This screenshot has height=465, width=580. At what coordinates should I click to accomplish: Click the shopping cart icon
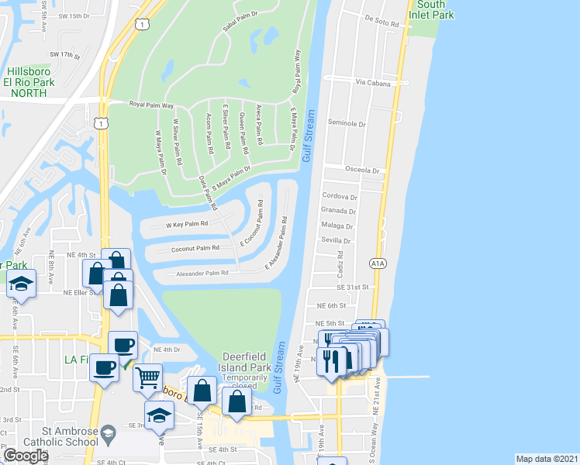click(x=147, y=377)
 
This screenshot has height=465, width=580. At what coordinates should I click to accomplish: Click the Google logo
click(x=25, y=456)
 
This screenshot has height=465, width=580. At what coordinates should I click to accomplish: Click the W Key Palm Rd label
click(x=187, y=225)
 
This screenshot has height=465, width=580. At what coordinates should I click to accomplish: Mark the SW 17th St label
click(x=65, y=56)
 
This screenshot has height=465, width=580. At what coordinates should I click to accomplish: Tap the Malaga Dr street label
click(x=337, y=226)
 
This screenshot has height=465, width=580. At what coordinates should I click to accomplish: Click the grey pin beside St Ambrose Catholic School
click(x=110, y=431)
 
